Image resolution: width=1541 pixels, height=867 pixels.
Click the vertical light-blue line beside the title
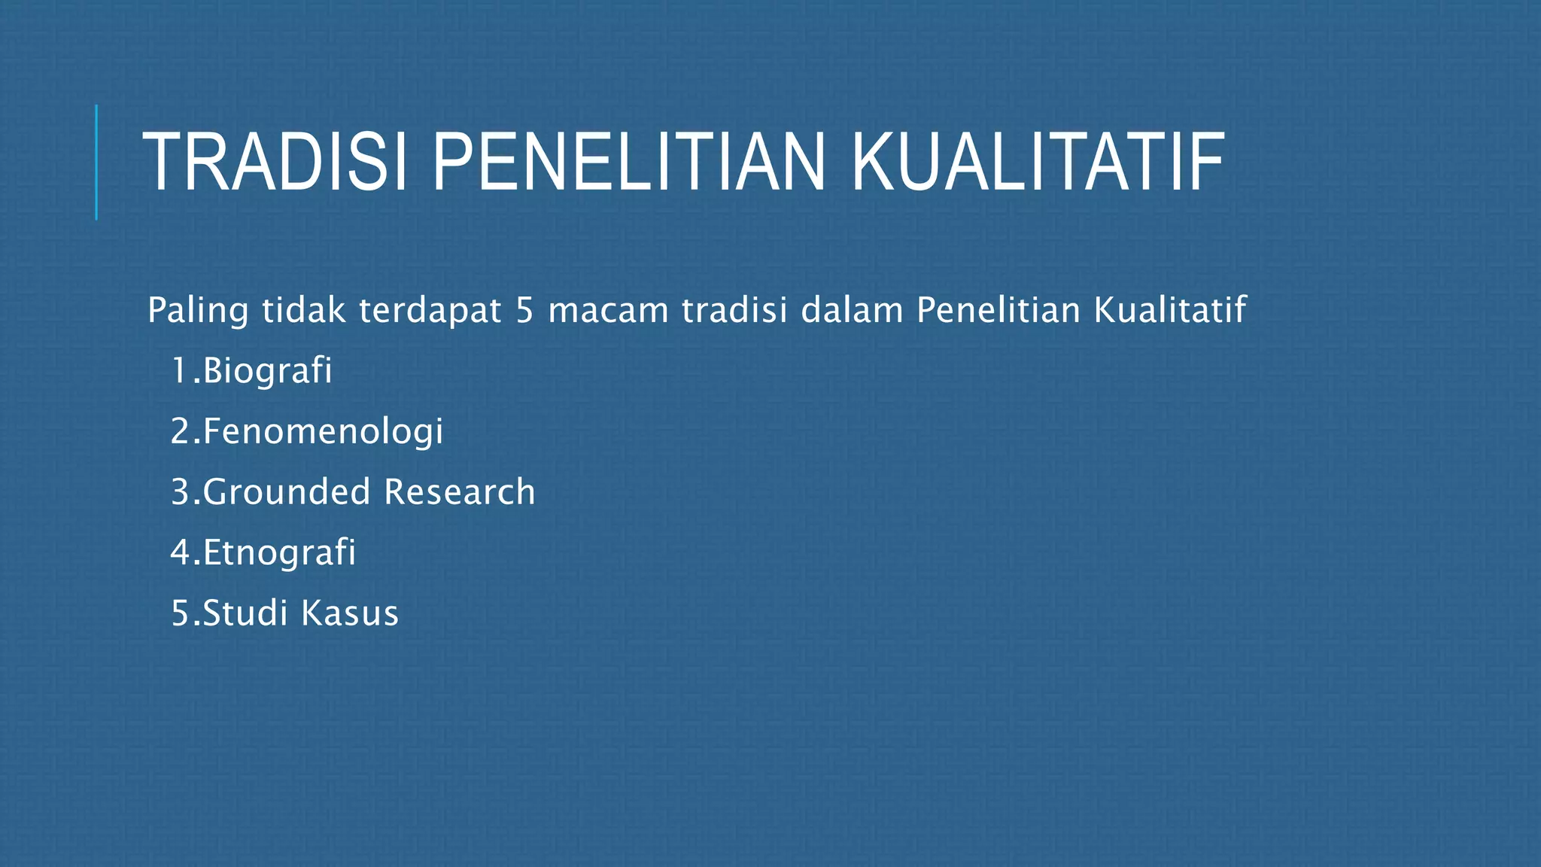[x=96, y=162]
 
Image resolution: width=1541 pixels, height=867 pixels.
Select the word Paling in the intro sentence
[x=197, y=311]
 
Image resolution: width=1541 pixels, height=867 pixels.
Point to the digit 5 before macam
[x=524, y=310]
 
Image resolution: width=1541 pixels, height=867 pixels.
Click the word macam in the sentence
[x=608, y=310]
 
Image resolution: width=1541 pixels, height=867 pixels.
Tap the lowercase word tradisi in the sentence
[x=734, y=310]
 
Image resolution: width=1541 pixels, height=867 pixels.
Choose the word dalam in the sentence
[x=852, y=310]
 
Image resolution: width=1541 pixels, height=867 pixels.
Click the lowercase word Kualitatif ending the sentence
[x=1169, y=310]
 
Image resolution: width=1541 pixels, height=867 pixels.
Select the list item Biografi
[x=267, y=371]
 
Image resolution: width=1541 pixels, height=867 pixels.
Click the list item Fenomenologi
[x=323, y=432]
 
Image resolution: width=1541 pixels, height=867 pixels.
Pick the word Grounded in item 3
[x=286, y=492]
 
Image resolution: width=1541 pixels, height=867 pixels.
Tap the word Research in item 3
[x=459, y=492]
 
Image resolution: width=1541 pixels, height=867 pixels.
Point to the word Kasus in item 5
[x=350, y=613]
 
